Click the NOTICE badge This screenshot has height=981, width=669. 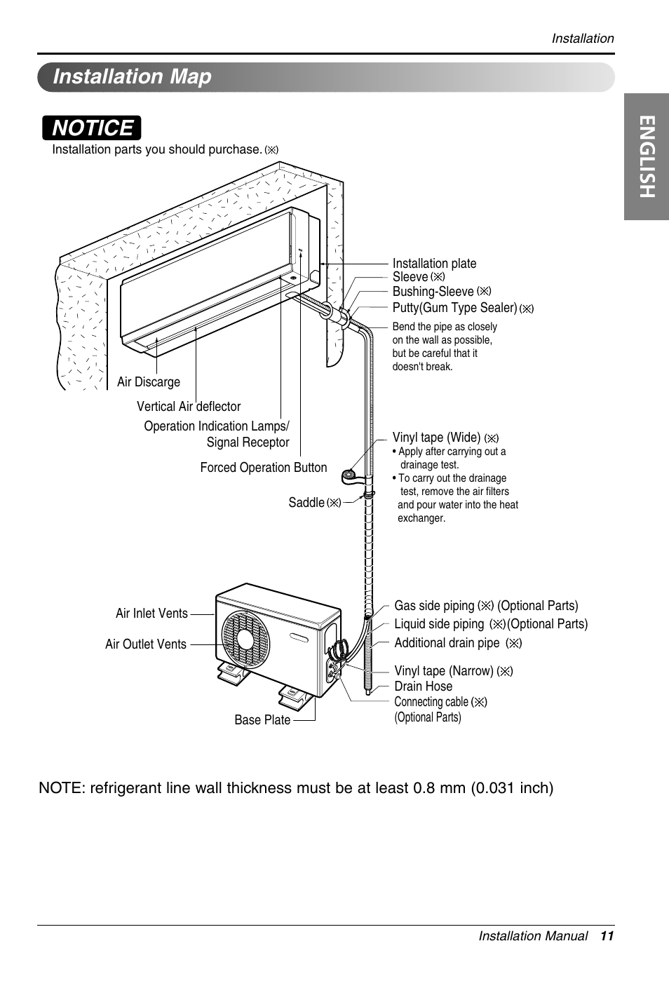point(92,128)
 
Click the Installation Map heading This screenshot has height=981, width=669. point(132,76)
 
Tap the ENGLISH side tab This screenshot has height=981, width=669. point(646,168)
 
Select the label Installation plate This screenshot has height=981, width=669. point(434,264)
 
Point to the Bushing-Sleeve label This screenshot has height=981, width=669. point(433,292)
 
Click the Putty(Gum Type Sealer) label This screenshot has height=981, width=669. point(454,308)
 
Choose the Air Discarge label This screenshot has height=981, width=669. point(149,382)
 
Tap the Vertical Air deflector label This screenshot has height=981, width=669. point(189,407)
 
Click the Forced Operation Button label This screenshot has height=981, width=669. point(264,468)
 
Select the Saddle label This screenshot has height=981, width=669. point(306,503)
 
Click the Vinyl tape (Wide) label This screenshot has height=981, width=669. point(436,438)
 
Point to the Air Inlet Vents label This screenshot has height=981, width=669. point(151,614)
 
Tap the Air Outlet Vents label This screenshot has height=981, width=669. point(146,644)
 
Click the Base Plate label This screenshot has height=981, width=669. point(262,720)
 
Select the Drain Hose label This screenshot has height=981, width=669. point(423,686)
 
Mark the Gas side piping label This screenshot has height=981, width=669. point(434,606)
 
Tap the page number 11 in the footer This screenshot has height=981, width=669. point(607,936)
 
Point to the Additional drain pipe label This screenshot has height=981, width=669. point(447,643)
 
